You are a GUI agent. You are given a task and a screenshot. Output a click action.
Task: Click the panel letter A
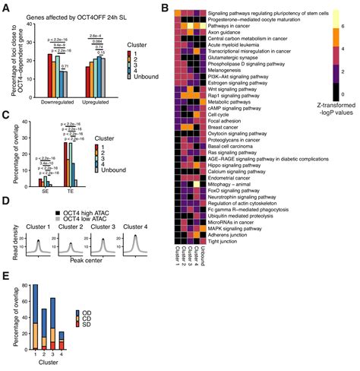(x=6, y=6)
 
